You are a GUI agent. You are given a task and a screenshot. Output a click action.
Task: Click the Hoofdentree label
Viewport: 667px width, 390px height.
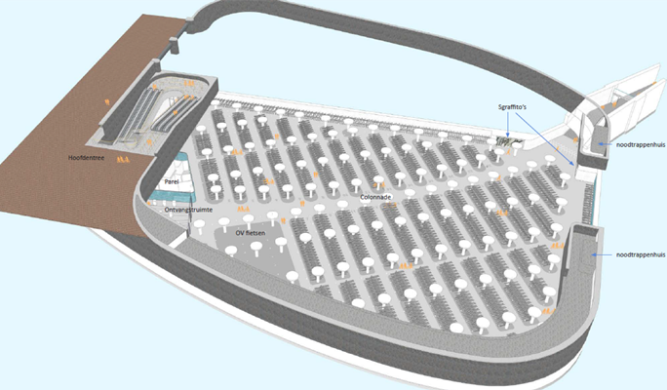87,158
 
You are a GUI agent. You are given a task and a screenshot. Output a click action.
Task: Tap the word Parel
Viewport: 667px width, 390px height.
172,181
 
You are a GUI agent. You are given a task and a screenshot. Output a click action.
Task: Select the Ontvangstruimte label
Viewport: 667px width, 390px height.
188,210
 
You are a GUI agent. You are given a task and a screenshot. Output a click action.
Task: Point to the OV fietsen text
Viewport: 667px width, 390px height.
251,233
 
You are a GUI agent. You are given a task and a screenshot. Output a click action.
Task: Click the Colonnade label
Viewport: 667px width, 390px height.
375,197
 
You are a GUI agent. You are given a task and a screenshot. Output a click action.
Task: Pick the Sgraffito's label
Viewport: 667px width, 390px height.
512,107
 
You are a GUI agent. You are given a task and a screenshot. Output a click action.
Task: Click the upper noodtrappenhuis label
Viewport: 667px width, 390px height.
641,144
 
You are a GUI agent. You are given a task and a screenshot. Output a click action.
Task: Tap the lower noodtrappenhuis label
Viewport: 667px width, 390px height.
641,254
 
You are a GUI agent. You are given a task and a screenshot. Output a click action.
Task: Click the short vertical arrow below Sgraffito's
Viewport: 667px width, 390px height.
507,125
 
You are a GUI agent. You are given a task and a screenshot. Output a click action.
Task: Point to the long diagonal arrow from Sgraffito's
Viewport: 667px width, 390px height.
546,138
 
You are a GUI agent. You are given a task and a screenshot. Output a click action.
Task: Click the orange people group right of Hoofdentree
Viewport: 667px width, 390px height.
123,160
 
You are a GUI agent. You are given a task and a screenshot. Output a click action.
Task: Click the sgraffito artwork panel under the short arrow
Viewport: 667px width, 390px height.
510,142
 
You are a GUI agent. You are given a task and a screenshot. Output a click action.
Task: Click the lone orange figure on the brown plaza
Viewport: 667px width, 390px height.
107,101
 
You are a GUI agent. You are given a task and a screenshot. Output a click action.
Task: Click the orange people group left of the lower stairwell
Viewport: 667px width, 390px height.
557,246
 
